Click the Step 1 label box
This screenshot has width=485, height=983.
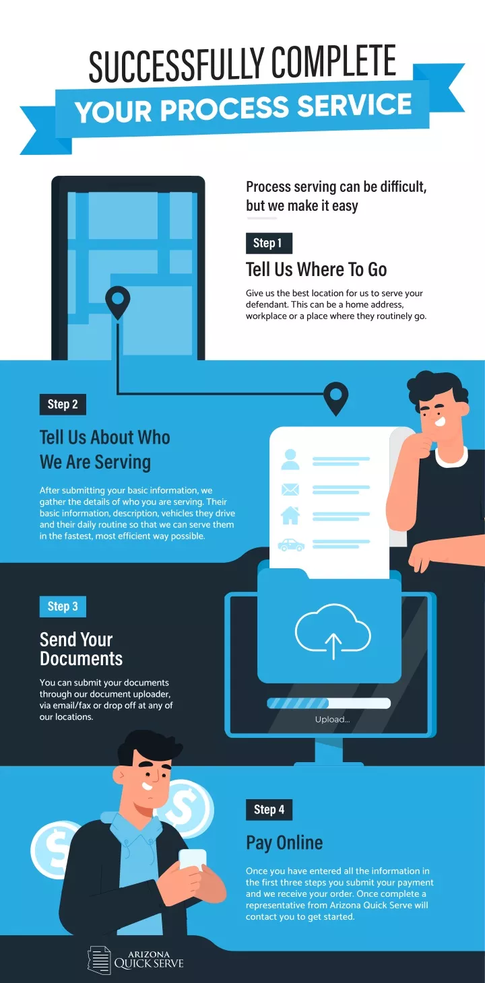click(269, 243)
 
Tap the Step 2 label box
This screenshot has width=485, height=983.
click(63, 404)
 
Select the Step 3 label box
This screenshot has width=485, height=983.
click(63, 607)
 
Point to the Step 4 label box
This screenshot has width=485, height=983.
click(269, 809)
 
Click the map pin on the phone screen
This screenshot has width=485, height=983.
click(118, 302)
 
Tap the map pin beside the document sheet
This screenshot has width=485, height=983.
click(335, 398)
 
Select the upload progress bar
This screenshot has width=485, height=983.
click(329, 703)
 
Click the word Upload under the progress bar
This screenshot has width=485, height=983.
click(332, 719)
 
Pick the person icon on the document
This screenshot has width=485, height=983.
click(290, 459)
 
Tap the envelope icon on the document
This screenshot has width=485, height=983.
click(290, 489)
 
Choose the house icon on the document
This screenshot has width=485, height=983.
click(290, 515)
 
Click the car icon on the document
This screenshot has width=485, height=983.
click(291, 545)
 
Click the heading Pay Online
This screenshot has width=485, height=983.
click(284, 843)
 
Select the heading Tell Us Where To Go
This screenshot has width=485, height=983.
click(316, 269)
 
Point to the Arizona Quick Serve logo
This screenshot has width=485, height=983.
click(135, 960)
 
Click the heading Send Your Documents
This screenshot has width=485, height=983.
click(82, 649)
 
